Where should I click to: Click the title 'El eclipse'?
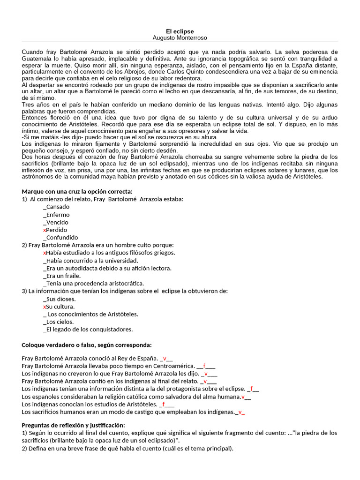pos(180,30)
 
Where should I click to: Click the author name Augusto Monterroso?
pos(180,37)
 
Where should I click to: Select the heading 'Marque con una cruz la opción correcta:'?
pos(77,191)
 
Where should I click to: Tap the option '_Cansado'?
pos(56,207)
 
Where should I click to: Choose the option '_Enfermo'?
pos(56,215)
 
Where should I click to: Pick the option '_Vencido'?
pos(55,222)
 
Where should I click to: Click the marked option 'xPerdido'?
pos(55,230)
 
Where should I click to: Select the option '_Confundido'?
pos(60,238)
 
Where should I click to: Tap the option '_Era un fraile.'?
pos(61,276)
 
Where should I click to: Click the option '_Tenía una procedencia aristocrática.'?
pos(93,284)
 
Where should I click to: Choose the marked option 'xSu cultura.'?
pos(59,307)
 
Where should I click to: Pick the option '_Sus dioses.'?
pos(59,299)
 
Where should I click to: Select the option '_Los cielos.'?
pos(58,322)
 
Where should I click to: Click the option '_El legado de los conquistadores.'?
pos(88,330)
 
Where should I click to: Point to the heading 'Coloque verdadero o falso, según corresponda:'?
pos(87,345)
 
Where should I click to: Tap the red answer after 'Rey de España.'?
pos(165,359)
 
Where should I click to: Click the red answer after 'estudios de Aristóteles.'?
pos(164,404)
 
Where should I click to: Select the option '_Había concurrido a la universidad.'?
pos(90,261)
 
